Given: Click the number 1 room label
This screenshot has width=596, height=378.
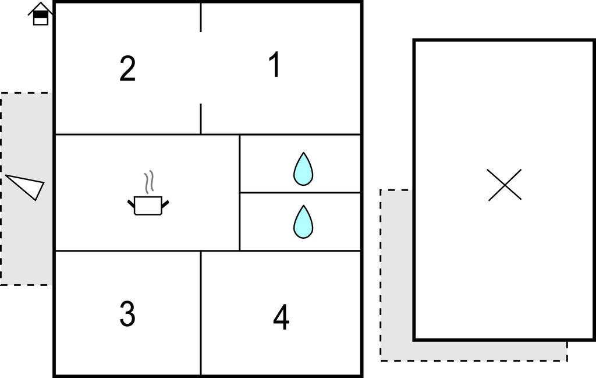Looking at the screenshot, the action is (275, 65).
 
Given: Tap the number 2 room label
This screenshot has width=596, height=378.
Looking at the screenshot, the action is (127, 69).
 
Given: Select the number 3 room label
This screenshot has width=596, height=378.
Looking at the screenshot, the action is (127, 314).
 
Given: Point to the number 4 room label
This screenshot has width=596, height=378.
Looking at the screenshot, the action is (281, 317).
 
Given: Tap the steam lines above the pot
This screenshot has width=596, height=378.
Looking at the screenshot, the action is (149, 182).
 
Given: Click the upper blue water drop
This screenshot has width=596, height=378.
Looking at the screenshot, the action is (303, 169).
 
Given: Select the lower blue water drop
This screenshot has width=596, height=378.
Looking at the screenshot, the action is (303, 222).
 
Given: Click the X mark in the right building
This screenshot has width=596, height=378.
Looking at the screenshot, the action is (505, 185).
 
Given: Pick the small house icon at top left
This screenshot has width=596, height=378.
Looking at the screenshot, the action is (40, 14).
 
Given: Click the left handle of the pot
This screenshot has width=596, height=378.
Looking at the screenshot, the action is (131, 204).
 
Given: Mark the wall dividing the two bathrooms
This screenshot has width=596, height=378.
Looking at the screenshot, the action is (300, 193).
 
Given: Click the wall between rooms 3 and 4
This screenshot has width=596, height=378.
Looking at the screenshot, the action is (201, 313).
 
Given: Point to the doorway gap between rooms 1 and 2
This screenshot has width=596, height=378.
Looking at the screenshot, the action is (201, 68).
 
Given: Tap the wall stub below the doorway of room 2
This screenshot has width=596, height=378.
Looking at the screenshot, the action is (201, 119).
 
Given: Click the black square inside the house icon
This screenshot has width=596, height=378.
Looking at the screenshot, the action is (40, 15).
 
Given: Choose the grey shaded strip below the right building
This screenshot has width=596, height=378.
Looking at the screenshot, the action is (473, 351).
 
